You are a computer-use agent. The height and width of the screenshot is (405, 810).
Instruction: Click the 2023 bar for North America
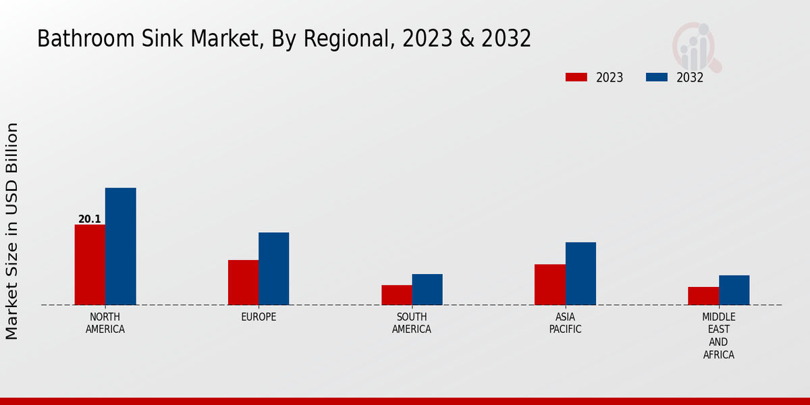(90, 265)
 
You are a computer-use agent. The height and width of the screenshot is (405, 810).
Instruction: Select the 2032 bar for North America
(120, 246)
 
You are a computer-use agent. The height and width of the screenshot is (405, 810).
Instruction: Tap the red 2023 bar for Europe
(243, 282)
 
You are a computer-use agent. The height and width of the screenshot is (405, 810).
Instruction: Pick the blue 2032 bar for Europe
(273, 269)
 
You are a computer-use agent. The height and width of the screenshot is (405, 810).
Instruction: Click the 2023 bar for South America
(396, 295)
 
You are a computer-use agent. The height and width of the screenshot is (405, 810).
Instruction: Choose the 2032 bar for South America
(427, 290)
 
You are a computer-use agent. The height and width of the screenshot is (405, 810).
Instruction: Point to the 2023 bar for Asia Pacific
(549, 284)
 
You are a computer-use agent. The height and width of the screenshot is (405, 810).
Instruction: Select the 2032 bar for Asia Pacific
(580, 273)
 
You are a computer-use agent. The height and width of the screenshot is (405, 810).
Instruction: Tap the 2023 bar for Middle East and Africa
(703, 296)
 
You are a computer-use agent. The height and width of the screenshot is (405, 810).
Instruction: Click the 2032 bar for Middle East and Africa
(734, 290)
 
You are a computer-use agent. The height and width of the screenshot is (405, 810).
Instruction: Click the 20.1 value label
(89, 219)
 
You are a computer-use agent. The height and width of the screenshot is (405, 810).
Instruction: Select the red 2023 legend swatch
(576, 77)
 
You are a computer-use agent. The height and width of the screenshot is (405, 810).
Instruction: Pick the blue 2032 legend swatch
(656, 77)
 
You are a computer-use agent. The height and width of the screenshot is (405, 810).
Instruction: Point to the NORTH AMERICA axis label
(105, 323)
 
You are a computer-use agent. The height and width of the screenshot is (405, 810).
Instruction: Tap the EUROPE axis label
(259, 317)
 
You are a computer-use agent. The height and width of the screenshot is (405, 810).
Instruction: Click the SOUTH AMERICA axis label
(412, 323)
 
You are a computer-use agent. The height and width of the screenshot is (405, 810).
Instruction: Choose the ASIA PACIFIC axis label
(565, 323)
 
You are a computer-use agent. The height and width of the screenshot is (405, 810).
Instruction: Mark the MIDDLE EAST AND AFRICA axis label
(718, 336)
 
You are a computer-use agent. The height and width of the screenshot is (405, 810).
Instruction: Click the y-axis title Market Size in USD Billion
(12, 231)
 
